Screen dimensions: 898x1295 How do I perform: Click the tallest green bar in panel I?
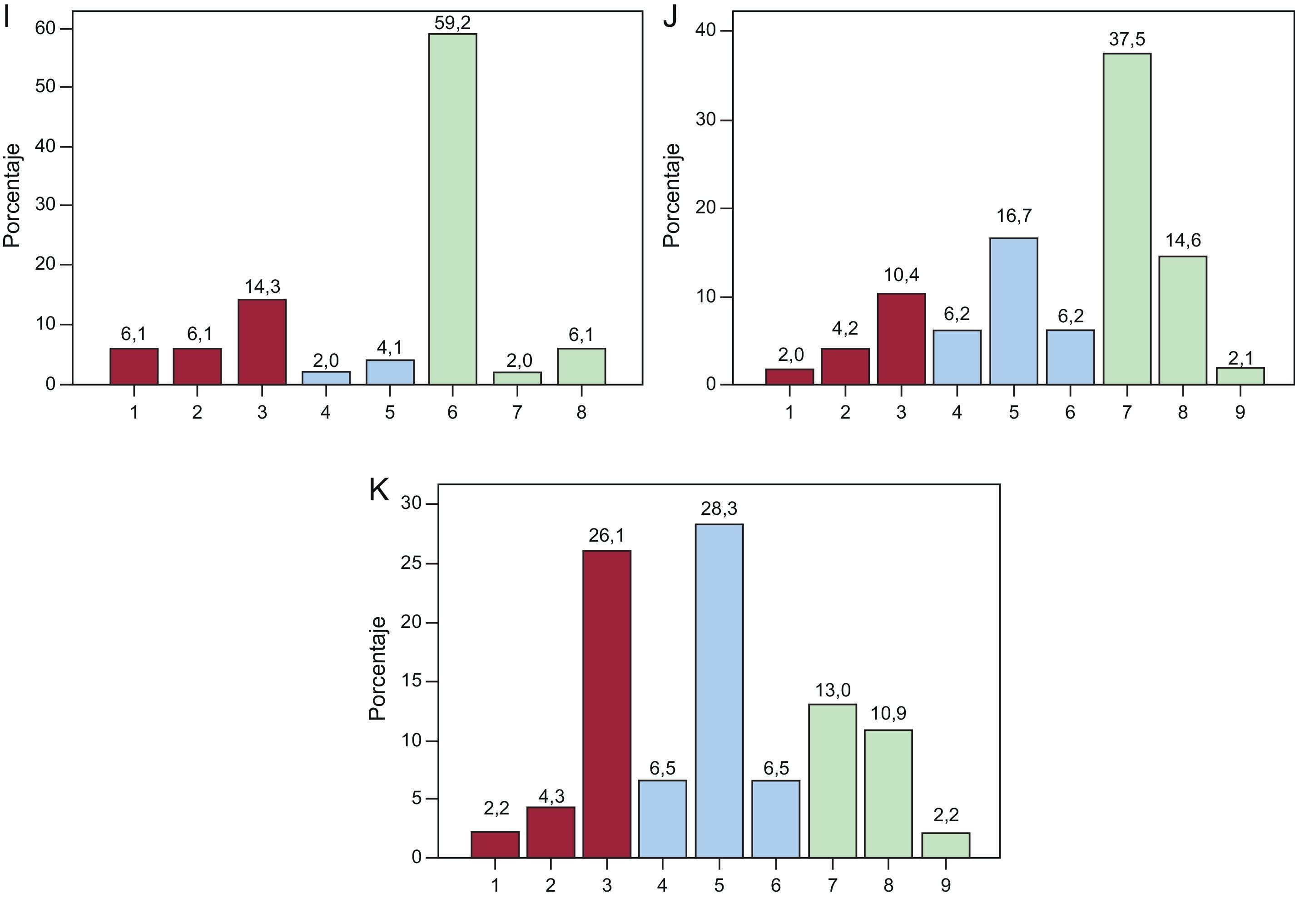[452, 208]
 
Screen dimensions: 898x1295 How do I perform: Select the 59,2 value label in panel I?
[452, 23]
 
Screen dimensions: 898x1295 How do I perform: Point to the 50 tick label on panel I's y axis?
[45, 87]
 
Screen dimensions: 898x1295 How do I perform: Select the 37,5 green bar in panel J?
[1127, 219]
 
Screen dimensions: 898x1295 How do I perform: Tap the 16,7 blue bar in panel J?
[1013, 311]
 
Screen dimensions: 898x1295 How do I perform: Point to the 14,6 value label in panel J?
[1183, 240]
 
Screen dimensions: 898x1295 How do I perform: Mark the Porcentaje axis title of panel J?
[671, 195]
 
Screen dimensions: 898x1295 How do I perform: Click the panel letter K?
[379, 490]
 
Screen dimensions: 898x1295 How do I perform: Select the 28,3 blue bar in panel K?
[719, 691]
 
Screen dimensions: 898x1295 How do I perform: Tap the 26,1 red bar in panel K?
[607, 704]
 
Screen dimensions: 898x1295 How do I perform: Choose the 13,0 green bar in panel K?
[833, 780]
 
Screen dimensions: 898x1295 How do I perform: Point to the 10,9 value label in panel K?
[888, 713]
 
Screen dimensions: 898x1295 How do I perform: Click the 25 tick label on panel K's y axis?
[412, 563]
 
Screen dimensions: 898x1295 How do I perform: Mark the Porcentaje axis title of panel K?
[377, 668]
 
